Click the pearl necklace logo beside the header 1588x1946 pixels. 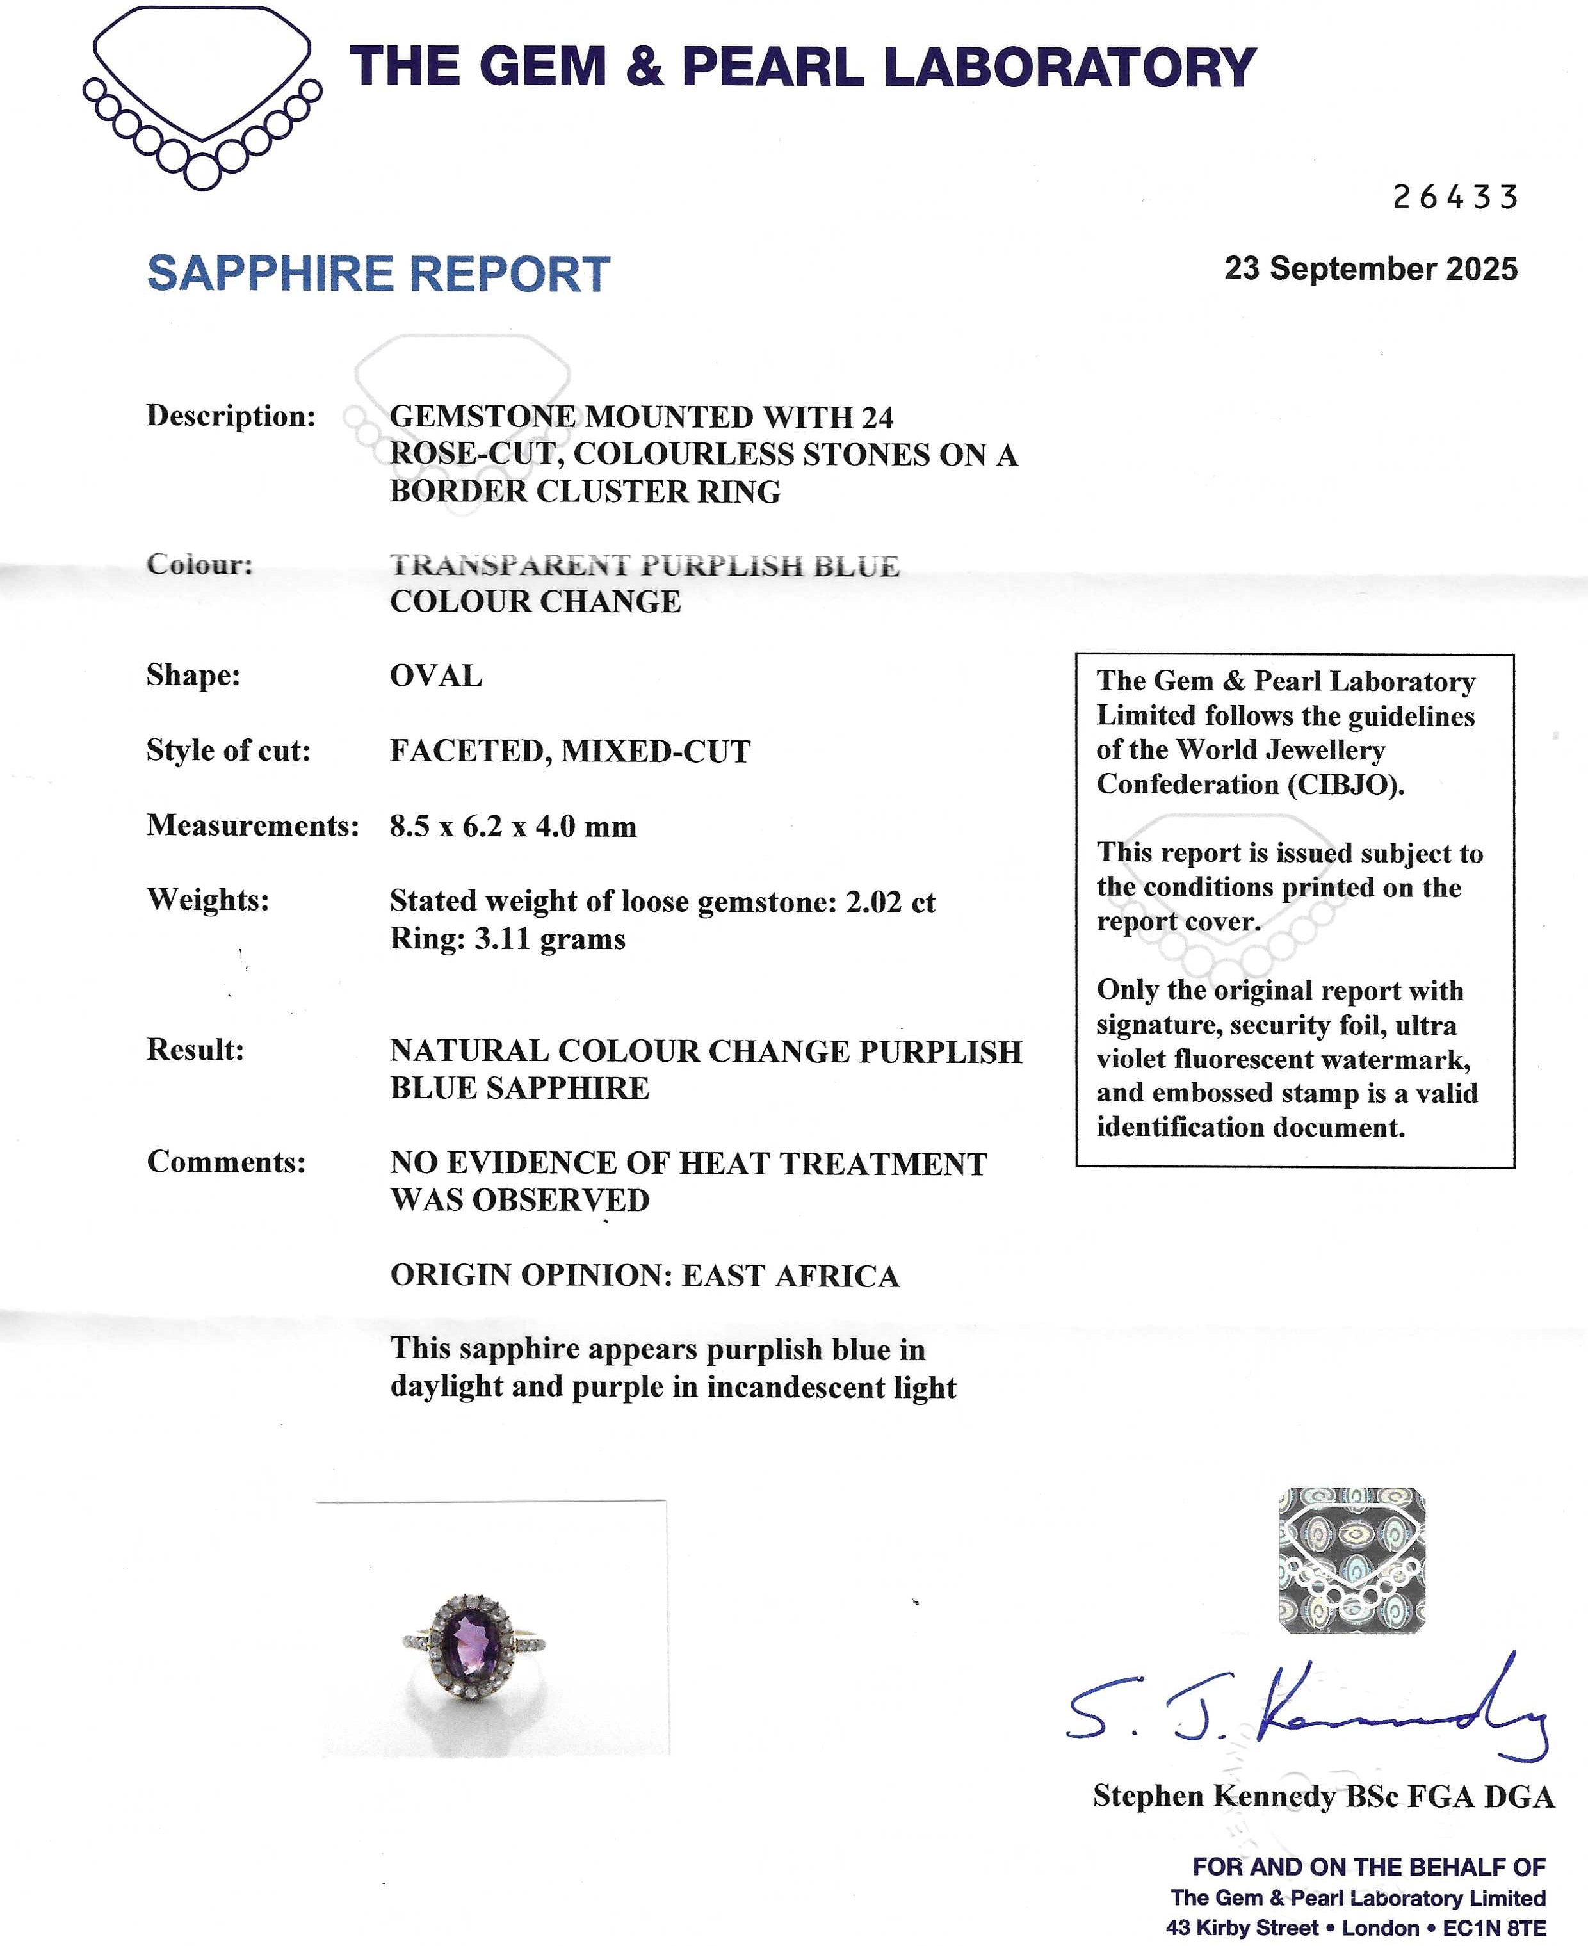(202, 96)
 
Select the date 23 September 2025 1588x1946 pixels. (1370, 269)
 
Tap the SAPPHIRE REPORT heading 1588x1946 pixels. (378, 275)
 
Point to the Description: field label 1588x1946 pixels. (231, 416)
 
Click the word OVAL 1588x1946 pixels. (435, 676)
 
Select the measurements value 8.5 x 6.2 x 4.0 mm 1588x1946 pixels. (512, 826)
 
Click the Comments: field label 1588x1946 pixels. (226, 1162)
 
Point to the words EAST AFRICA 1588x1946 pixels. (790, 1276)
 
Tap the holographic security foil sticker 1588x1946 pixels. (1351, 1560)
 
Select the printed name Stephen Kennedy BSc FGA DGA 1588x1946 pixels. (1323, 1796)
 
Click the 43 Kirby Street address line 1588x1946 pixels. (1355, 1927)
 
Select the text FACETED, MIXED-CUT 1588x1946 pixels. (570, 751)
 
